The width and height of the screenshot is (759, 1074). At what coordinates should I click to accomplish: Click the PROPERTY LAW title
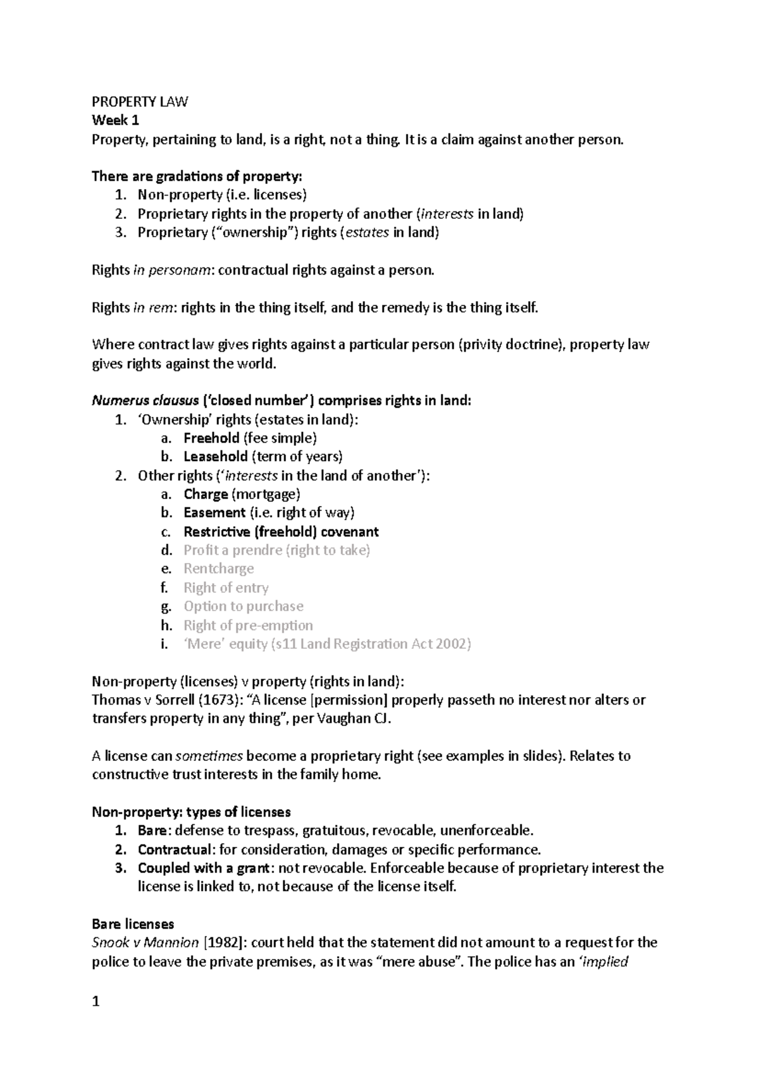pos(140,102)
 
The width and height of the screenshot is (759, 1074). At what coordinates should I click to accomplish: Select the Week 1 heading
pos(115,120)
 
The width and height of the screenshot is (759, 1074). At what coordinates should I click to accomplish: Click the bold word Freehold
pos(211,438)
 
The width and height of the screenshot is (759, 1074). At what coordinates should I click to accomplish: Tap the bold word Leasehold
pos(215,457)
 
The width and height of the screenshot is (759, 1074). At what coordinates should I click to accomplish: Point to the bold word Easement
pos(214,513)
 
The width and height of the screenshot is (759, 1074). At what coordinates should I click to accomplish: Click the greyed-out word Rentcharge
pos(219,569)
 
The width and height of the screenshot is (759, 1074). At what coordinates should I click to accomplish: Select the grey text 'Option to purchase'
pos(244,607)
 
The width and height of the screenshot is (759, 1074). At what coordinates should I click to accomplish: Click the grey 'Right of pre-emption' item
pos(248,626)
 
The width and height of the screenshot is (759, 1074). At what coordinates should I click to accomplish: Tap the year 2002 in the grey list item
pos(454,644)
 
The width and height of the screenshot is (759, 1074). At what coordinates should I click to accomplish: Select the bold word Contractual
pos(174,849)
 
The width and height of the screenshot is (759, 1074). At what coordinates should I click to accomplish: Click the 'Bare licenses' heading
pos(133,924)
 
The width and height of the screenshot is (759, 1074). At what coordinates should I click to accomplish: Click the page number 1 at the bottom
pos(96,1002)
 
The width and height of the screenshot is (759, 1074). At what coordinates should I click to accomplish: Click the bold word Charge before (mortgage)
pos(206,494)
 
